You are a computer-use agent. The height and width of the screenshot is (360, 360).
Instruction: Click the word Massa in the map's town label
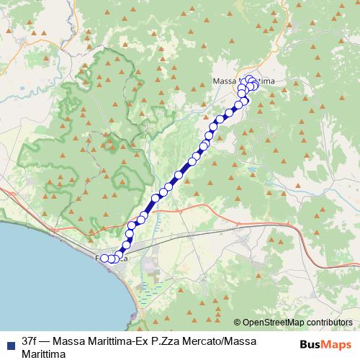[x=225, y=81]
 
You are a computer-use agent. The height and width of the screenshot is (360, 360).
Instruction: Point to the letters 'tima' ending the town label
[x=267, y=82]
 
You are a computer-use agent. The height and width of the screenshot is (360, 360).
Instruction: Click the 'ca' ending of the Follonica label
[x=125, y=258]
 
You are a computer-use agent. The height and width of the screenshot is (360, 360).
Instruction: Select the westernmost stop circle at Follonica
[x=104, y=258]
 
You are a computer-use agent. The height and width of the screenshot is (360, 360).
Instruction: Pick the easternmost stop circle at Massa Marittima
[x=256, y=86]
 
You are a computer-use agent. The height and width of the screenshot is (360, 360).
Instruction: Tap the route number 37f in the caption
[x=30, y=338]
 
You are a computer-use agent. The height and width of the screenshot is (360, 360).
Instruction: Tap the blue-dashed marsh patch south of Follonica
[x=150, y=292]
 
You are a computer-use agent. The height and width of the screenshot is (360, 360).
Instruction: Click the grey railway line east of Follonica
[x=216, y=234]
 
